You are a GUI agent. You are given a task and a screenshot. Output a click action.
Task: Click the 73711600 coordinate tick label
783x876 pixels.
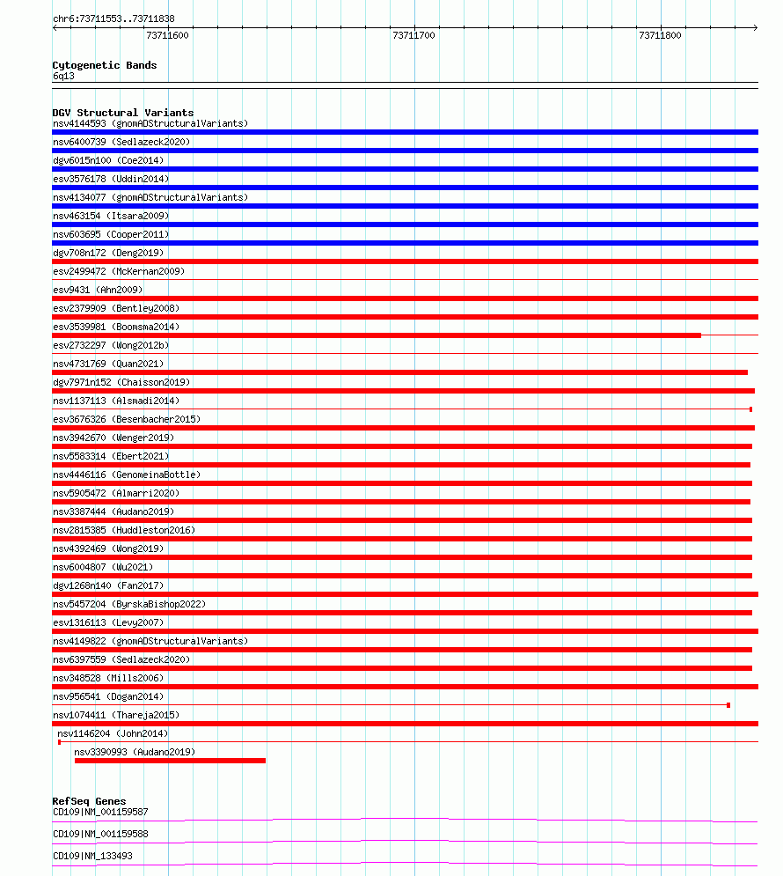pos(167,36)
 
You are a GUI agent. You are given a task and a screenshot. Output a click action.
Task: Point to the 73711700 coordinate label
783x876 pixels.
pos(413,36)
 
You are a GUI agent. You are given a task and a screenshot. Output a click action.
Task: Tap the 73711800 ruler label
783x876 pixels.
pos(660,36)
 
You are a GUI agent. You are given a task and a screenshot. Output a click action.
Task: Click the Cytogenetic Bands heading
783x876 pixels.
pos(105,65)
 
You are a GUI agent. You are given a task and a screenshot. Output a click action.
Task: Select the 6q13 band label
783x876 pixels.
pos(63,77)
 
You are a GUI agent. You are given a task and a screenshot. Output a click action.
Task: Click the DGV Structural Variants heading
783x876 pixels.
pos(123,113)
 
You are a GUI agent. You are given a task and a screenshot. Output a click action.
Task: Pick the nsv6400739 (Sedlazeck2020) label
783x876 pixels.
pos(121,142)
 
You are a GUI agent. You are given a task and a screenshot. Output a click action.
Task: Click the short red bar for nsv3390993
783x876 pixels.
pos(170,761)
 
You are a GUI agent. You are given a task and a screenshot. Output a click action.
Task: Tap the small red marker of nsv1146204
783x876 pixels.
pos(60,742)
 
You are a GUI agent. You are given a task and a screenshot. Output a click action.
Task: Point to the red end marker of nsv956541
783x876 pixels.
pos(728,705)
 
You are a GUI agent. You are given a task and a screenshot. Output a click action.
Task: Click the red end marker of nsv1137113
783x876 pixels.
pos(750,409)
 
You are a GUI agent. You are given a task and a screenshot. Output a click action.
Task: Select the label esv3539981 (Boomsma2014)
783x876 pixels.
pos(116,327)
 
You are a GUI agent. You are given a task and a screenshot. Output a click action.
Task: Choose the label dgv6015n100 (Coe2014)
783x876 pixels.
pos(108,160)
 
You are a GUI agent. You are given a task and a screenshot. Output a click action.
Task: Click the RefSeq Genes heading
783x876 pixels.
pos(89,801)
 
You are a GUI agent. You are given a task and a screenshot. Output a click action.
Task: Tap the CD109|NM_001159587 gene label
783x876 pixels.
pos(100,812)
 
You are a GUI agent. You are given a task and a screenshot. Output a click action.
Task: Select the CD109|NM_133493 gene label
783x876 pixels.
pos(93,856)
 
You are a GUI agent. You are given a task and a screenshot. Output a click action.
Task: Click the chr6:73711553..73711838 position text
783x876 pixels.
pos(113,18)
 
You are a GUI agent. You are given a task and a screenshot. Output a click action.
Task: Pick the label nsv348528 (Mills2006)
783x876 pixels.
pos(108,678)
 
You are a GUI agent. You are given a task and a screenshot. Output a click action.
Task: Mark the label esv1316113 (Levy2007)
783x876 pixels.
pos(108,622)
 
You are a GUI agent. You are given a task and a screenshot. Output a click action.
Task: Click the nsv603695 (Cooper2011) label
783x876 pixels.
pos(111,234)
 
